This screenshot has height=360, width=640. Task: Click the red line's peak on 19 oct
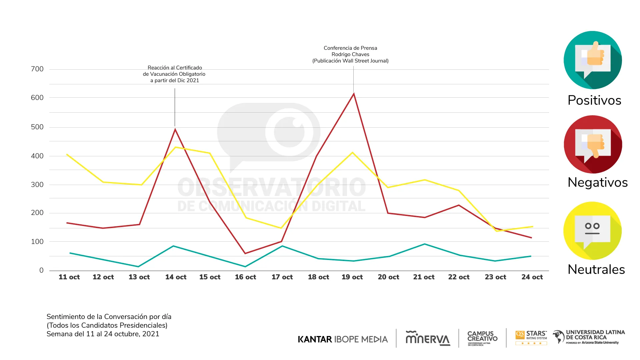click(x=354, y=94)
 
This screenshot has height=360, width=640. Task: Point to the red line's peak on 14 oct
click(x=175, y=129)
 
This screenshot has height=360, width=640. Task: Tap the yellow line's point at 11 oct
click(x=67, y=154)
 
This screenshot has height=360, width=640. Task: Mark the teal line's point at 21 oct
click(x=424, y=244)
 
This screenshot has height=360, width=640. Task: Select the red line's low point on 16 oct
click(x=245, y=253)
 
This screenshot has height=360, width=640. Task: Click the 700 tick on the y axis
click(x=37, y=69)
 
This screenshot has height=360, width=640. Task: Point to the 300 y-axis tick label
click(x=37, y=185)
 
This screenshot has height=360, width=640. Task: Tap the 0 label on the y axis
click(x=41, y=270)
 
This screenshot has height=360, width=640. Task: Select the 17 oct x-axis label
click(x=282, y=277)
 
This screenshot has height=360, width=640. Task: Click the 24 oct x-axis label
click(x=532, y=277)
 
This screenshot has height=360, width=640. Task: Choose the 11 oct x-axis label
click(x=69, y=277)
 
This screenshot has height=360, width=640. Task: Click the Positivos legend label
click(x=594, y=100)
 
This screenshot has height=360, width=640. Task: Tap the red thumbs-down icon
click(x=593, y=144)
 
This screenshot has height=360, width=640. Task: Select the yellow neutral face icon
click(x=592, y=231)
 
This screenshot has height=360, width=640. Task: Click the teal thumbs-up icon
click(x=593, y=60)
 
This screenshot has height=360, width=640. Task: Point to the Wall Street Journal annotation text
click(x=350, y=54)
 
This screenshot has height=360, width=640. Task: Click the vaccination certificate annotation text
click(x=174, y=74)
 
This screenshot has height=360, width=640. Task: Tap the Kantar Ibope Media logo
click(x=343, y=339)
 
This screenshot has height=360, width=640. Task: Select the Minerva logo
click(x=428, y=338)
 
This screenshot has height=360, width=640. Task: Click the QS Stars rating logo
click(x=531, y=338)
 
